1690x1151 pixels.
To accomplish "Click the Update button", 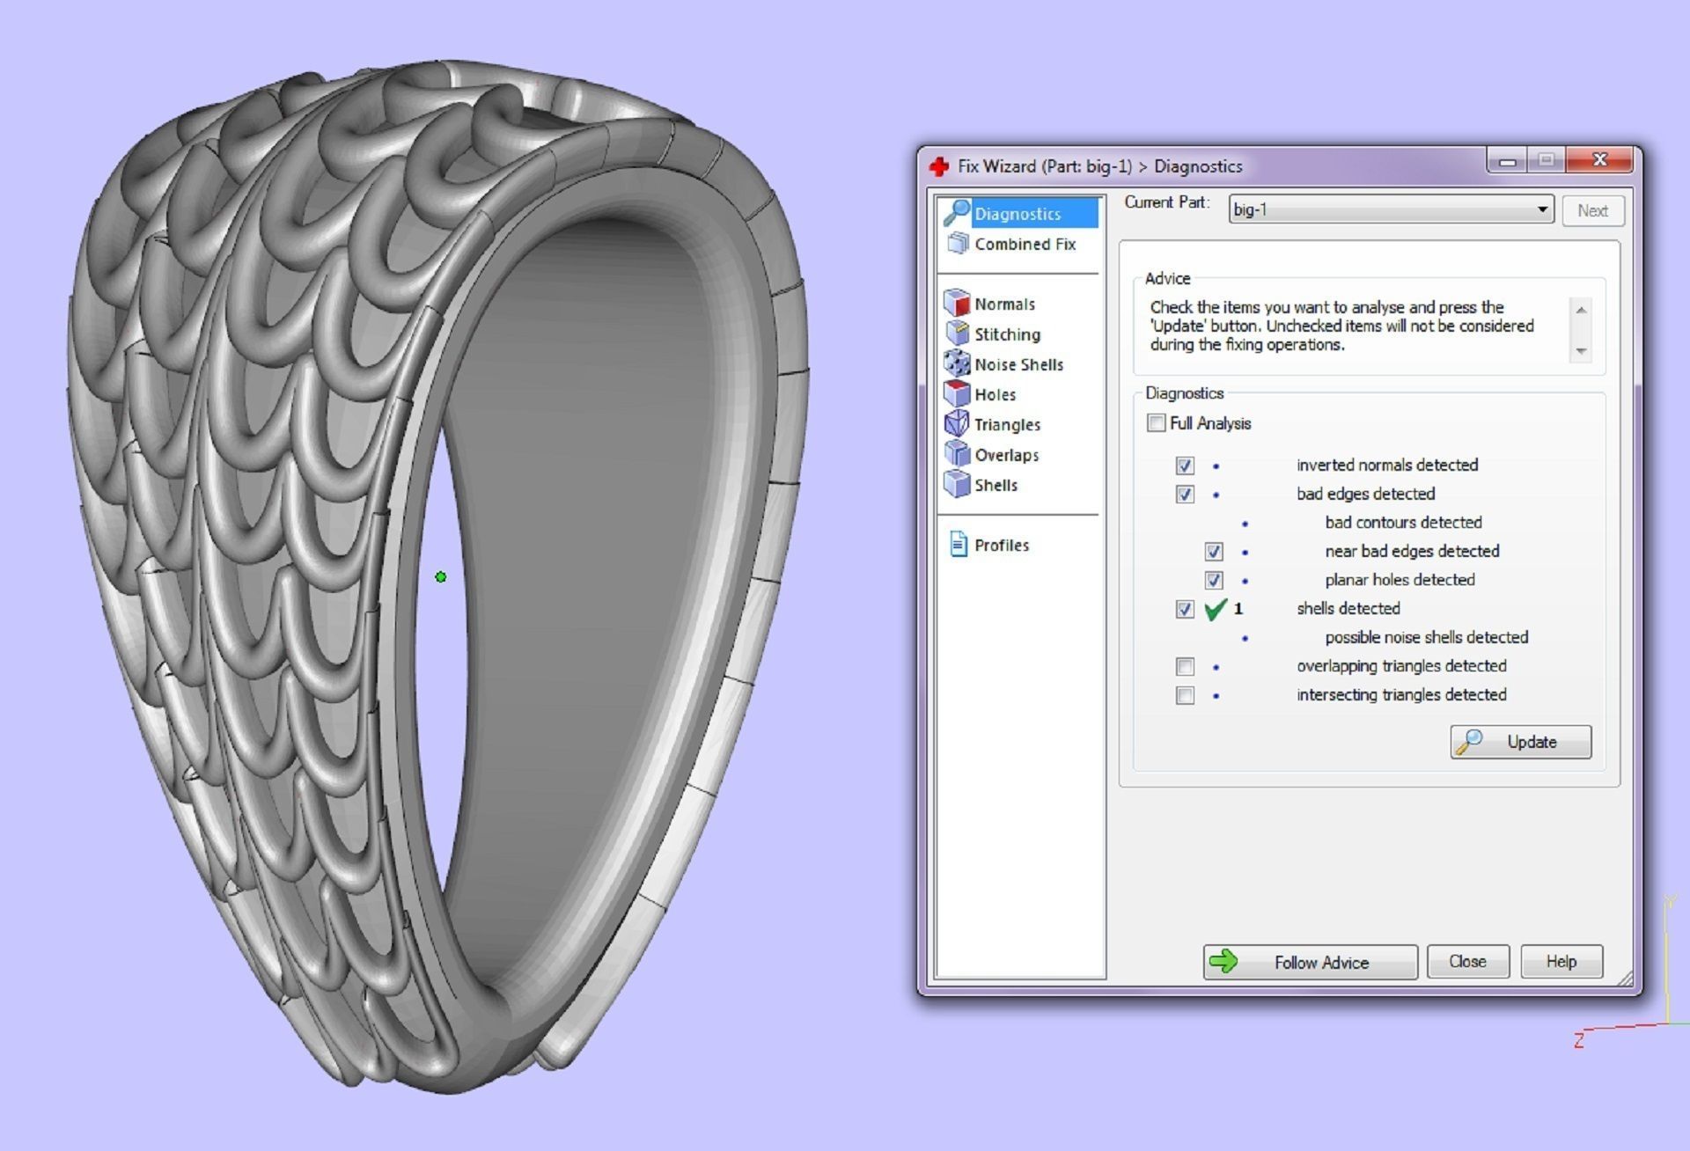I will pyautogui.click(x=1520, y=742).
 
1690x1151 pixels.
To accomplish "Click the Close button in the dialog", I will pyautogui.click(x=1467, y=962).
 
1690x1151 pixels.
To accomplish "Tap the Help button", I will pyautogui.click(x=1561, y=962).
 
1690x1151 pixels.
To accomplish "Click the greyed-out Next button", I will pyautogui.click(x=1592, y=211).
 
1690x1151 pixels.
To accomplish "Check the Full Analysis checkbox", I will pyautogui.click(x=1157, y=423).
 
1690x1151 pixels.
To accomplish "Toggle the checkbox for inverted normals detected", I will pyautogui.click(x=1185, y=466).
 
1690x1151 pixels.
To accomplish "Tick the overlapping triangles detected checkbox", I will pyautogui.click(x=1185, y=667).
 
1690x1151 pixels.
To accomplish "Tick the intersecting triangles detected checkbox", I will pyautogui.click(x=1185, y=696).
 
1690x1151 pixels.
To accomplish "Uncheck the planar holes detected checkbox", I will pyautogui.click(x=1214, y=581).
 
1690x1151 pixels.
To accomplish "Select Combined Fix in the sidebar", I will pyautogui.click(x=1024, y=245).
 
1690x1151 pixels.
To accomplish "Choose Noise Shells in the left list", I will pyautogui.click(x=1018, y=364).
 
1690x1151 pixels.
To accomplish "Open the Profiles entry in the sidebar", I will pyautogui.click(x=1001, y=546).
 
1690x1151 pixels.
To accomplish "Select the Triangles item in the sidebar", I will pyautogui.click(x=1006, y=425).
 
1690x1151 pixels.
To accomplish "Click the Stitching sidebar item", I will pyautogui.click(x=1006, y=334).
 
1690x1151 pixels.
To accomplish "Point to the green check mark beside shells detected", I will pyautogui.click(x=1215, y=609).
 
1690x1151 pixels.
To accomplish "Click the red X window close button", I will pyautogui.click(x=1599, y=160).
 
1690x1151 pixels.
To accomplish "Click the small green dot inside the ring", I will pyautogui.click(x=441, y=577).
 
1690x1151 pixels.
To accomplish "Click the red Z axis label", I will pyautogui.click(x=1578, y=1041).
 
